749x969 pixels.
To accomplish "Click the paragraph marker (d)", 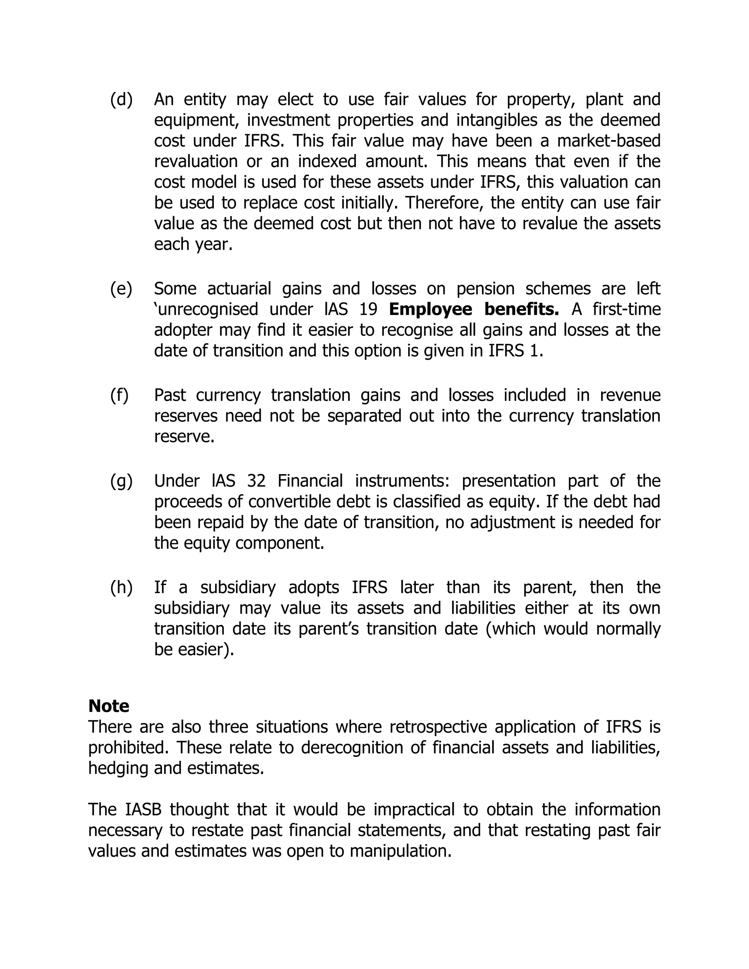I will tap(121, 100).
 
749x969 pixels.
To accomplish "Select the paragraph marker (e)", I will tap(121, 289).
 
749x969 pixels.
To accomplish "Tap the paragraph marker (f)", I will tap(119, 395).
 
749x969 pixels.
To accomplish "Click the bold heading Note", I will tap(109, 706).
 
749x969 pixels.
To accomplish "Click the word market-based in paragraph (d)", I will tap(609, 141).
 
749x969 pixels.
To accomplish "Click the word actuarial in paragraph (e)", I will tap(239, 289).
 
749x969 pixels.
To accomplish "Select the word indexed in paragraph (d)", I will tap(327, 162).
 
